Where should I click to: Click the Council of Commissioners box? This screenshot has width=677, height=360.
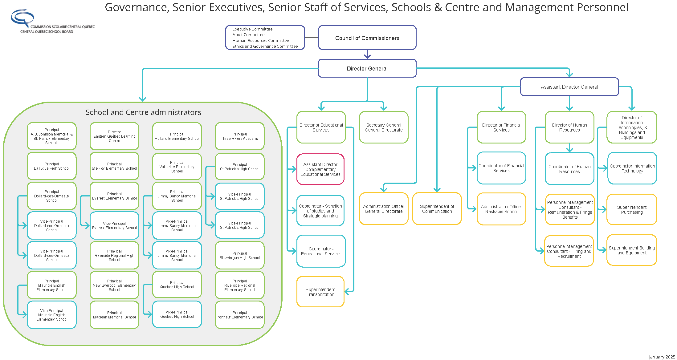(367, 38)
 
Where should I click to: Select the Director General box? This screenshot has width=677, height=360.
(367, 68)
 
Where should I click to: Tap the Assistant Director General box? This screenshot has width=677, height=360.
(569, 87)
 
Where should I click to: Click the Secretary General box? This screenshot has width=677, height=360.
(384, 127)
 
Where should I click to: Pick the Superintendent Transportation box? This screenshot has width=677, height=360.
(320, 292)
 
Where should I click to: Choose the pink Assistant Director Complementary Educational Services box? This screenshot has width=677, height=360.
(320, 169)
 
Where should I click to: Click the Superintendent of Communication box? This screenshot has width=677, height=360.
(437, 209)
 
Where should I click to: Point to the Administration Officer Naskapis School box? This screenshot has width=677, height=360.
(501, 209)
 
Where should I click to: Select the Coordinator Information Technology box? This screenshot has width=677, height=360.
(632, 168)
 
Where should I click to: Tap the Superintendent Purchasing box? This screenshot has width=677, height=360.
(632, 210)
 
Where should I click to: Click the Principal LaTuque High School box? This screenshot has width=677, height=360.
(52, 166)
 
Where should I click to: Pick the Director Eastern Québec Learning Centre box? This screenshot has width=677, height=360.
(114, 136)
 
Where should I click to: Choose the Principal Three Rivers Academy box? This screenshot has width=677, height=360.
(239, 136)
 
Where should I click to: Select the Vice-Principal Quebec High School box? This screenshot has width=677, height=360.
(177, 314)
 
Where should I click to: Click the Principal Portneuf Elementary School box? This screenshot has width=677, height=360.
(239, 315)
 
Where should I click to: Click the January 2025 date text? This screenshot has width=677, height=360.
(662, 357)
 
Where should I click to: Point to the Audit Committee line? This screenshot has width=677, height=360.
(248, 35)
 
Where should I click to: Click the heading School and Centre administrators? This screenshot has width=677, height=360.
(143, 112)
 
